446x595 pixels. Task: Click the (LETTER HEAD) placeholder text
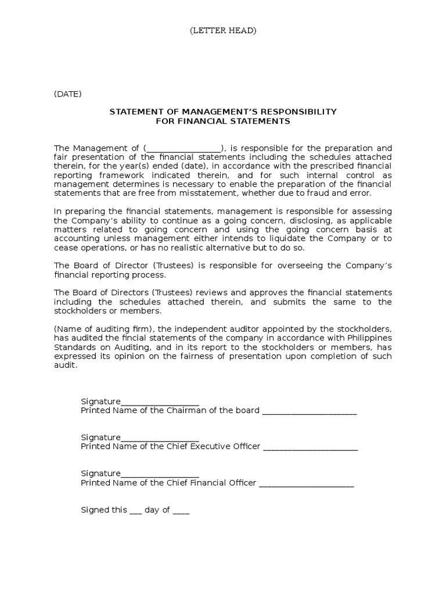pyautogui.click(x=223, y=31)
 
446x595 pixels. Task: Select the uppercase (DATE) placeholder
pyautogui.click(x=68, y=94)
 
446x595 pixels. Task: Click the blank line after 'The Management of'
pyautogui.click(x=184, y=148)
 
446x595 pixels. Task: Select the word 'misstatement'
pyautogui.click(x=214, y=193)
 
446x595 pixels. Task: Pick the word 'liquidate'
pyautogui.click(x=297, y=239)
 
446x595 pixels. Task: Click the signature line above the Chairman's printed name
pyautogui.click(x=160, y=402)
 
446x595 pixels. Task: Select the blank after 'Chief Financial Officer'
pyautogui.click(x=306, y=483)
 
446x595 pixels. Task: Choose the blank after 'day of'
pyautogui.click(x=181, y=511)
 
